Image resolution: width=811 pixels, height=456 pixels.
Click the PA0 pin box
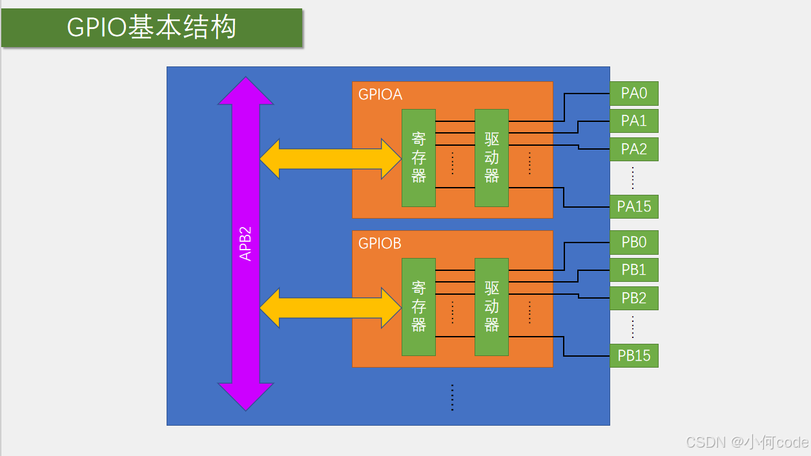click(x=633, y=94)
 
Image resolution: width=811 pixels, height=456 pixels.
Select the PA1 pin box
click(x=633, y=121)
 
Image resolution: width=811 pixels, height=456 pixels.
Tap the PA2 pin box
click(x=633, y=149)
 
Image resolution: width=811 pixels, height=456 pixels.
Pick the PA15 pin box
click(x=633, y=206)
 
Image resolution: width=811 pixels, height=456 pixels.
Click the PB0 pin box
click(x=633, y=243)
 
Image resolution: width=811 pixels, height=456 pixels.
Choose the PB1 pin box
click(x=633, y=270)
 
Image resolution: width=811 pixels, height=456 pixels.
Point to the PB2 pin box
click(x=633, y=298)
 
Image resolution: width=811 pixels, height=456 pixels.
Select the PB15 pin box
click(x=633, y=355)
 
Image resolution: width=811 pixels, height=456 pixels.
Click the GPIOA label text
click(x=380, y=95)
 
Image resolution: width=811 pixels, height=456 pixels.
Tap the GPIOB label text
click(x=380, y=244)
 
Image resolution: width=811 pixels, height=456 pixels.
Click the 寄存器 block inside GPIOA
click(x=418, y=158)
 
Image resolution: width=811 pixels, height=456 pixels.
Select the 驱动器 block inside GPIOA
click(x=491, y=158)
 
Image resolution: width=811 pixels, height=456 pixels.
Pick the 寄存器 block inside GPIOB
click(x=418, y=307)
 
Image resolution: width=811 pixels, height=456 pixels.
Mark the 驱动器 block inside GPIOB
click(x=491, y=307)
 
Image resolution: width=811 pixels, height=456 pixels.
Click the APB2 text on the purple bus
click(x=245, y=243)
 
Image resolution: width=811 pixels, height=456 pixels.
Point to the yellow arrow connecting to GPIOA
click(x=330, y=158)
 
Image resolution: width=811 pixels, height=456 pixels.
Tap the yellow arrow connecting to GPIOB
click(x=330, y=307)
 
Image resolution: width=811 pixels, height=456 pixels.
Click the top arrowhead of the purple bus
click(x=245, y=92)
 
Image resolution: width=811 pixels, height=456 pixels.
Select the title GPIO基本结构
click(x=152, y=28)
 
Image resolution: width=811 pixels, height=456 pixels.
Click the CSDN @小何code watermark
click(x=746, y=442)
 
